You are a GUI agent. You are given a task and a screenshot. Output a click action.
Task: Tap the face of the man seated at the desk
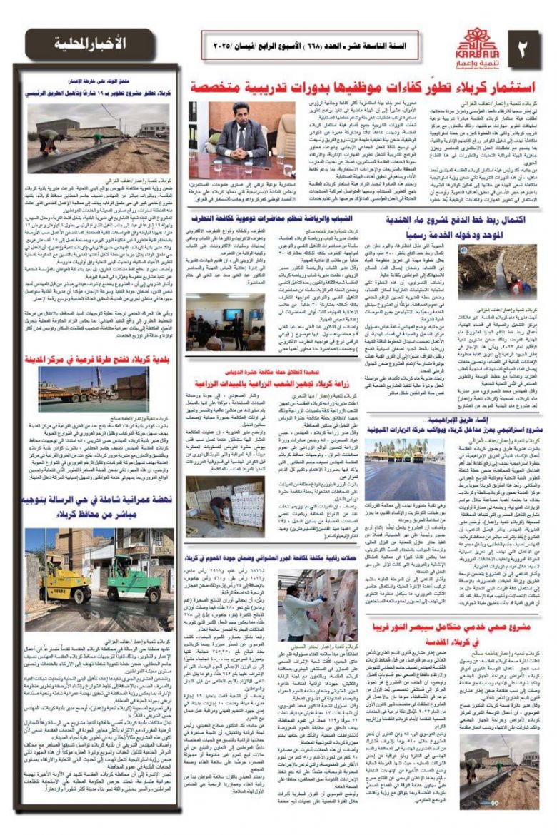[259, 115]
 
